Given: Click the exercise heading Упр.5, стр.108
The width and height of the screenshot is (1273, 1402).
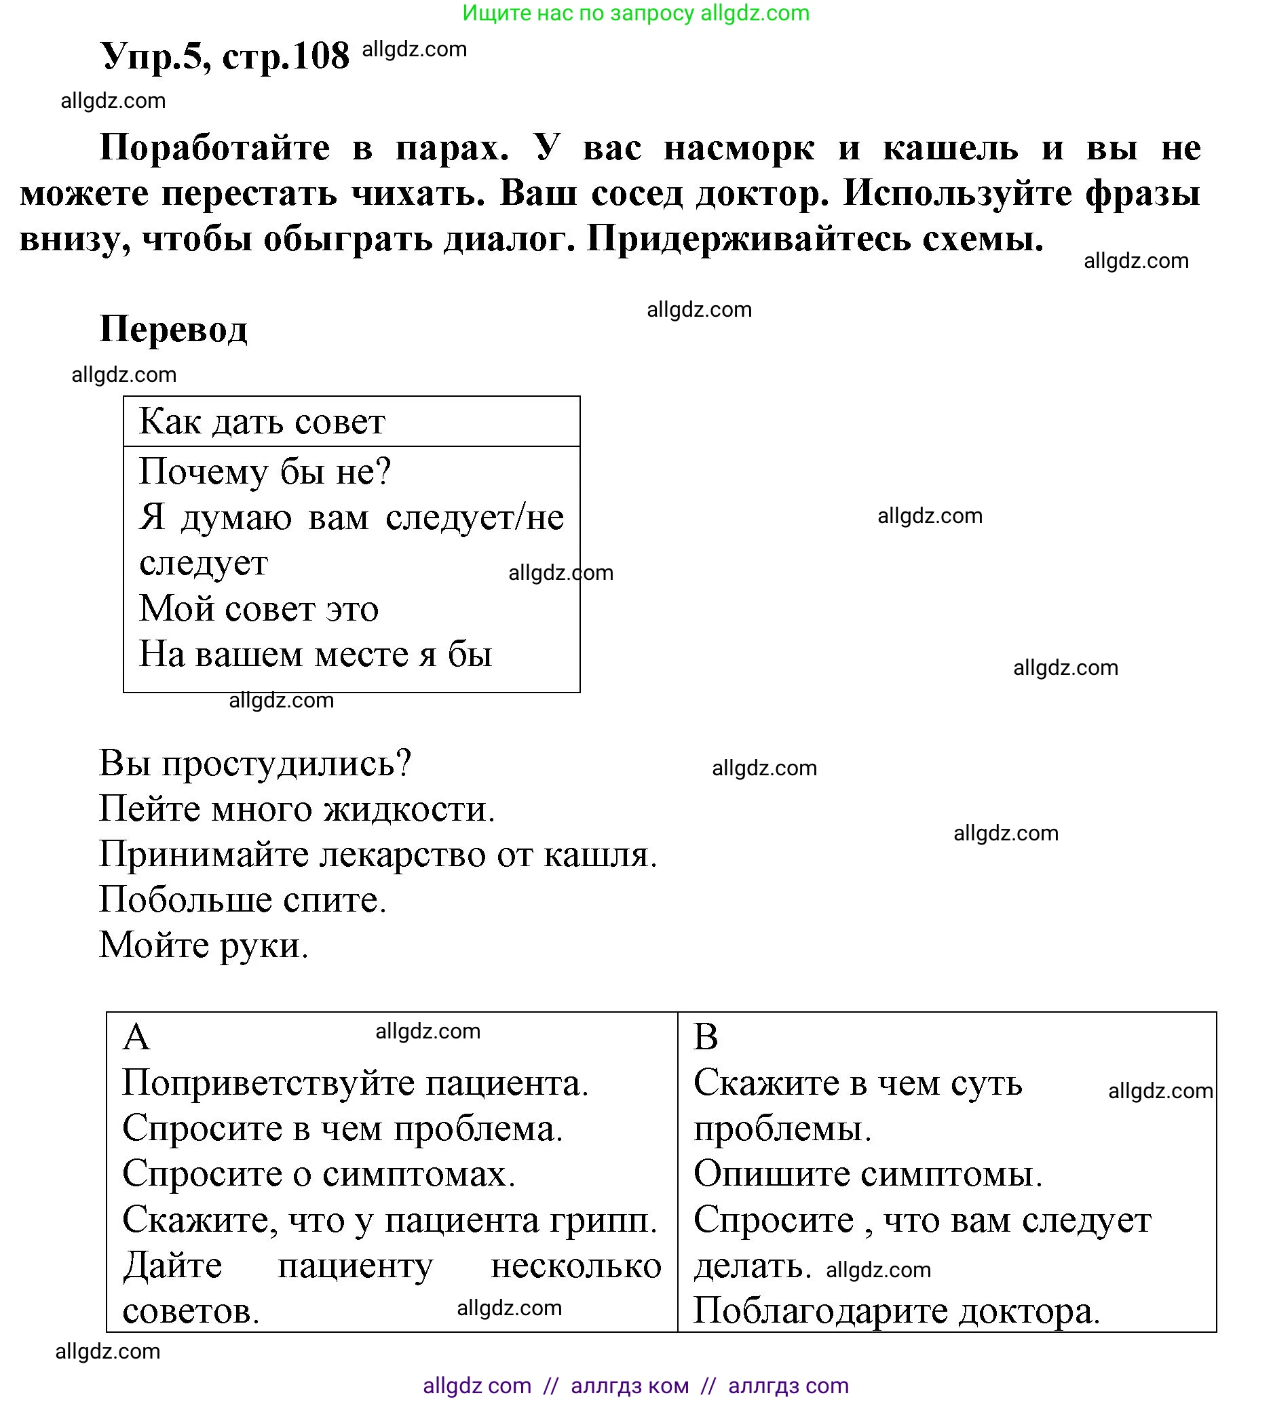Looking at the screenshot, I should click(x=224, y=56).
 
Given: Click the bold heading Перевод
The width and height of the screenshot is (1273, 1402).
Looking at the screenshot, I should click(x=173, y=328).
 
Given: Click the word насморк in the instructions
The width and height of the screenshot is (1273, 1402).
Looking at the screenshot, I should click(x=739, y=148).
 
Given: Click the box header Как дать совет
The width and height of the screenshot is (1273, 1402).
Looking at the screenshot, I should click(x=261, y=422).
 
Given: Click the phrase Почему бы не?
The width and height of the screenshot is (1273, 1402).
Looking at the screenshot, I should click(x=265, y=472).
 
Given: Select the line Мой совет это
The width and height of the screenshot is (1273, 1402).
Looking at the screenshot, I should click(x=259, y=609).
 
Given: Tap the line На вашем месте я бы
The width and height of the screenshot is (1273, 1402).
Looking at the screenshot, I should click(x=315, y=655).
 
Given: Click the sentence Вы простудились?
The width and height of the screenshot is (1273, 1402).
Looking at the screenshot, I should click(x=254, y=764).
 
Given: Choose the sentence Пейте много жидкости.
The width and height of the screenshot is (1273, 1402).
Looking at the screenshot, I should click(x=297, y=809).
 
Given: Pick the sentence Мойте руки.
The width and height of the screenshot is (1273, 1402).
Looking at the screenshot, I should click(x=203, y=946).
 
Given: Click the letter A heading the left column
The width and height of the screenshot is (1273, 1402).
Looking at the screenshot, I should click(x=136, y=1038).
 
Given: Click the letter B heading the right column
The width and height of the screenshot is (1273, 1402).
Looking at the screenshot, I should click(x=705, y=1038).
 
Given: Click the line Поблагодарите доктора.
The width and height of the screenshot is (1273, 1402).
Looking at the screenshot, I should click(x=896, y=1312).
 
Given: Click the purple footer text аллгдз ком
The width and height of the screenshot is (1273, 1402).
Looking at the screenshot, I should click(x=629, y=1385).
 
